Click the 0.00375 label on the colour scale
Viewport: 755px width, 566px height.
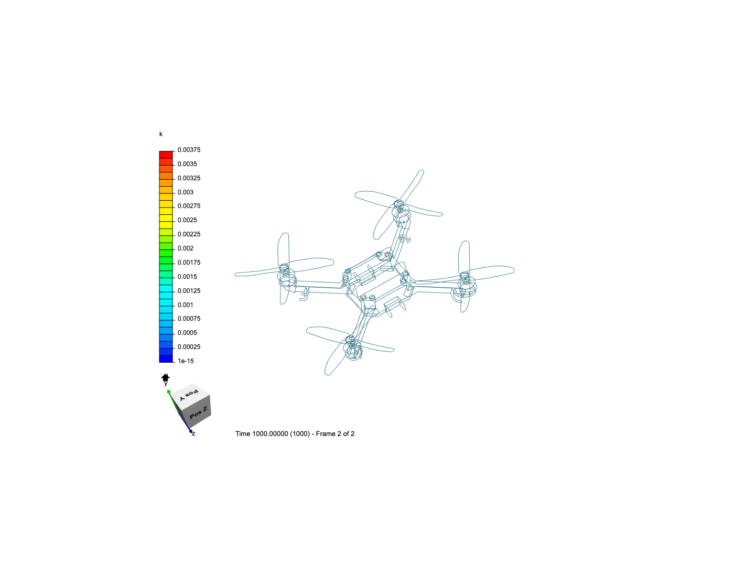click(189, 150)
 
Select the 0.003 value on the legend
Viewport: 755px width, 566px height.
click(185, 192)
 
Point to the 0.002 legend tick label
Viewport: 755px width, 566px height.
click(185, 248)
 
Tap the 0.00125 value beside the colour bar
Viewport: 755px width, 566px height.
click(189, 291)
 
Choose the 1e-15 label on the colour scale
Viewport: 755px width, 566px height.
click(186, 361)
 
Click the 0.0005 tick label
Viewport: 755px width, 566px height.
click(187, 333)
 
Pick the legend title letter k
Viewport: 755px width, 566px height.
click(161, 134)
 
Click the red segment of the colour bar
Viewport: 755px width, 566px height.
click(166, 155)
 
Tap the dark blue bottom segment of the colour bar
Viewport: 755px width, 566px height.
click(166, 358)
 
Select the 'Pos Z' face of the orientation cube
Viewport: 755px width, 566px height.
click(198, 412)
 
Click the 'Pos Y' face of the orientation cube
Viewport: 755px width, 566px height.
click(189, 394)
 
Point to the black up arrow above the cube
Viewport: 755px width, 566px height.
click(166, 377)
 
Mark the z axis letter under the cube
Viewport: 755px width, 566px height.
click(193, 434)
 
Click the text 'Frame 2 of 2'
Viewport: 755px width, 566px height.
click(335, 434)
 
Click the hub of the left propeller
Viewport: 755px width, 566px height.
click(284, 268)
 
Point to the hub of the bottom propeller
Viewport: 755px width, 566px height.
click(351, 343)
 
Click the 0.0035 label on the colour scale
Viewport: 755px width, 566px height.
click(187, 164)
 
